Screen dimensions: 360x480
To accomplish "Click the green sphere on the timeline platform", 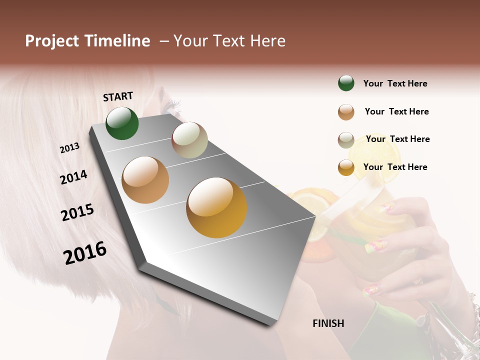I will [122, 123].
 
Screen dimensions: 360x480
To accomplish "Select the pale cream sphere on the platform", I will [189, 140].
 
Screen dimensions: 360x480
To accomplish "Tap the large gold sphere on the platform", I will [216, 207].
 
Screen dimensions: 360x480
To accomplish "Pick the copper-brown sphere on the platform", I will [145, 180].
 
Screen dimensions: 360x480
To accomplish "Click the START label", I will [118, 96].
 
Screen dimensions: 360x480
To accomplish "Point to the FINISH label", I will [328, 323].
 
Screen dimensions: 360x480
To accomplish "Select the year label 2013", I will [69, 148].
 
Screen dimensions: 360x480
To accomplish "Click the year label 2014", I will [73, 177].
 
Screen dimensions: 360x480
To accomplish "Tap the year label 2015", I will [77, 212].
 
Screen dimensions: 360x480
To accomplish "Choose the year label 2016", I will [85, 253].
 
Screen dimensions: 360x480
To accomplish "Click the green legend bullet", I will [346, 83].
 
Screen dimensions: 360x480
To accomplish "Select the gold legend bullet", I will [346, 167].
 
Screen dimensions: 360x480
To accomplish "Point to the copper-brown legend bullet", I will [346, 112].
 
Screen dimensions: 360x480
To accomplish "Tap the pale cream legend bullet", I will [346, 139].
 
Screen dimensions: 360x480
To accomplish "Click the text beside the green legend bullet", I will [395, 83].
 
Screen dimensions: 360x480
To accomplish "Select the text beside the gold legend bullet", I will [395, 167].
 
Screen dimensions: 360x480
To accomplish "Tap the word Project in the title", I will [51, 41].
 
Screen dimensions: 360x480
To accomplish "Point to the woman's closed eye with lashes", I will [173, 105].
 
